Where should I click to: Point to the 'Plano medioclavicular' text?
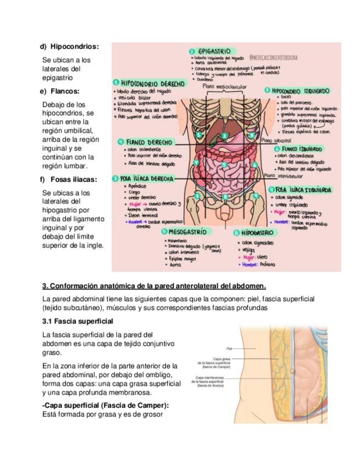[x=224, y=87]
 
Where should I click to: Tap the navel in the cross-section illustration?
[x=291, y=370]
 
